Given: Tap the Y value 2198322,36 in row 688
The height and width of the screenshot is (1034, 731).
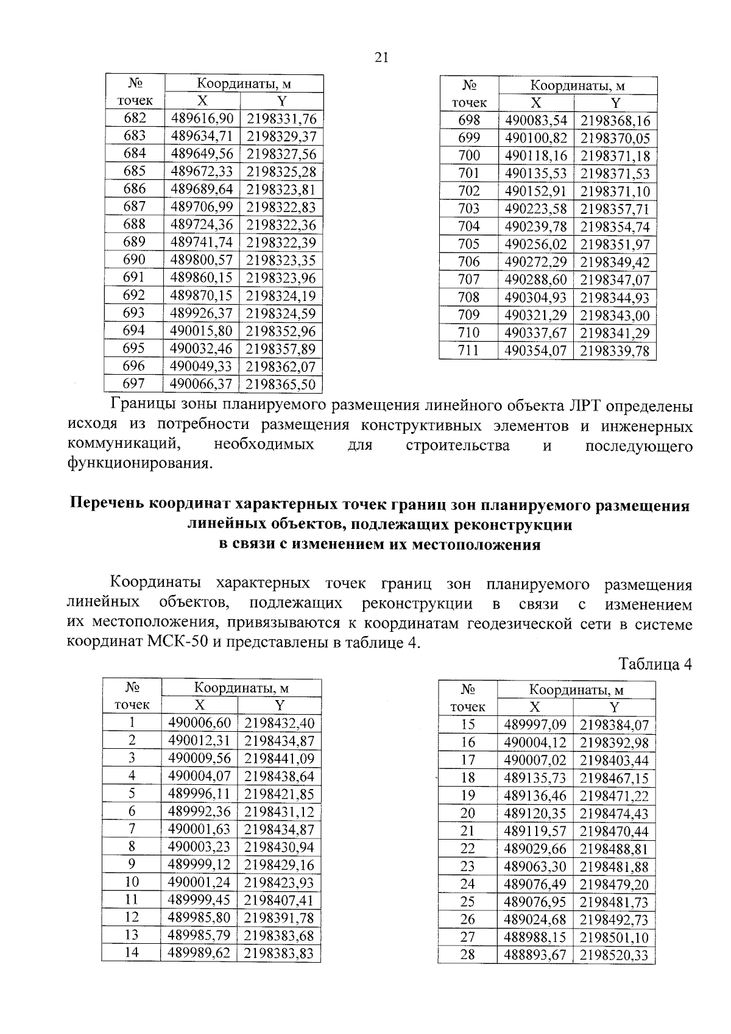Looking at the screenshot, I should click(x=281, y=225).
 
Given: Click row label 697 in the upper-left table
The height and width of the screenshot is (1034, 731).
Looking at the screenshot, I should click(x=134, y=383).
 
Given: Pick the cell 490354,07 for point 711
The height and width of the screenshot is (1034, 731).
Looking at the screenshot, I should click(x=535, y=351).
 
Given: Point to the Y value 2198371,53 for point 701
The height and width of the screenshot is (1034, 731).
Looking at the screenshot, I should click(x=615, y=174).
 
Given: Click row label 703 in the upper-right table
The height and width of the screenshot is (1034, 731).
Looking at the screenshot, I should click(x=468, y=209).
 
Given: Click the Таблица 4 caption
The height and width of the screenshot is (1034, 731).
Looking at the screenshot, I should click(x=655, y=664).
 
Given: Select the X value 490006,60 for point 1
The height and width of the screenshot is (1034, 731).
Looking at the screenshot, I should click(x=200, y=723).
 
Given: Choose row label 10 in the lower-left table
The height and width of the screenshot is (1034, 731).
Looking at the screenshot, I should click(x=132, y=882).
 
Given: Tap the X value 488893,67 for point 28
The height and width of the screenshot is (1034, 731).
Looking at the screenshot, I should click(x=535, y=955).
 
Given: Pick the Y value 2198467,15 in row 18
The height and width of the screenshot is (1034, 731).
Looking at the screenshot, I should click(x=614, y=778).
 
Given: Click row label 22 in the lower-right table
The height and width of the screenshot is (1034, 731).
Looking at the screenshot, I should click(x=467, y=849).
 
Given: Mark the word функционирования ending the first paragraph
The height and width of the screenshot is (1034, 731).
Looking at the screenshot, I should click(x=139, y=464).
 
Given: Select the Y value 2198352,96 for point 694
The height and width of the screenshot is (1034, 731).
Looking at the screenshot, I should click(x=281, y=331).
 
